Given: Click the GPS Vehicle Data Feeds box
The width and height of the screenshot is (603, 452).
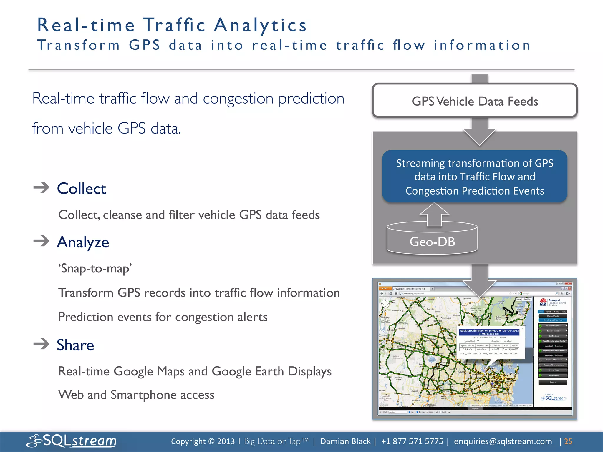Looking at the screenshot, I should coord(475,101).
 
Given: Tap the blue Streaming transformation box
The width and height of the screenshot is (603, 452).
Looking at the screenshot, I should coord(475,177).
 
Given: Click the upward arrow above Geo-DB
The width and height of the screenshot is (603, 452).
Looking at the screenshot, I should coord(434,214).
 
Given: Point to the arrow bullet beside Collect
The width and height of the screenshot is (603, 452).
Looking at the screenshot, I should coord(42,187).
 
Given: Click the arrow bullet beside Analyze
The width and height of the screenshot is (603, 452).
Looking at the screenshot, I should coord(42,241).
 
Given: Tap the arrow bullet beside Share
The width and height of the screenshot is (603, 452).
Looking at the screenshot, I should coord(42,344).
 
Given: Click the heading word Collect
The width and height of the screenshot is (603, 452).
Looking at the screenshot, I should coord(82,189).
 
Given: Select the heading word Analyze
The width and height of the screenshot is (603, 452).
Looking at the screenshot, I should coord(83,242).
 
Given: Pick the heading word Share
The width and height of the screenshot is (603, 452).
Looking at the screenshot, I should coord(75,345).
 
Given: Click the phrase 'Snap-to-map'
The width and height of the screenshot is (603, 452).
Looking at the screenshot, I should coord(95,269).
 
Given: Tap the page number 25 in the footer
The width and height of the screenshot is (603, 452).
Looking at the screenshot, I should coord(568,441).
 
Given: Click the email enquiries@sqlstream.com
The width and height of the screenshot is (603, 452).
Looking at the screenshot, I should coord(503,441).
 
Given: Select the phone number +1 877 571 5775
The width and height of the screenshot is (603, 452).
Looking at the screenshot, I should coord(412,441).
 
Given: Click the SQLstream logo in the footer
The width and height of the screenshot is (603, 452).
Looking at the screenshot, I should coord(72,441).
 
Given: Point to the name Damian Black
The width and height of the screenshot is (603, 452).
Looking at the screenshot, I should coord(345,441).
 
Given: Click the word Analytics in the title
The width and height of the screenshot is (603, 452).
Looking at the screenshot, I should coord(260,25).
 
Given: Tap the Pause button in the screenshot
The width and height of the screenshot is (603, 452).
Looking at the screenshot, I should coord(553,383).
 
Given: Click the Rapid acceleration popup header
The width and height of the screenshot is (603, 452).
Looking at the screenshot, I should coord(489,332).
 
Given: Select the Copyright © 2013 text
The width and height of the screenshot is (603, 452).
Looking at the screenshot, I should coord(203,441).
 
